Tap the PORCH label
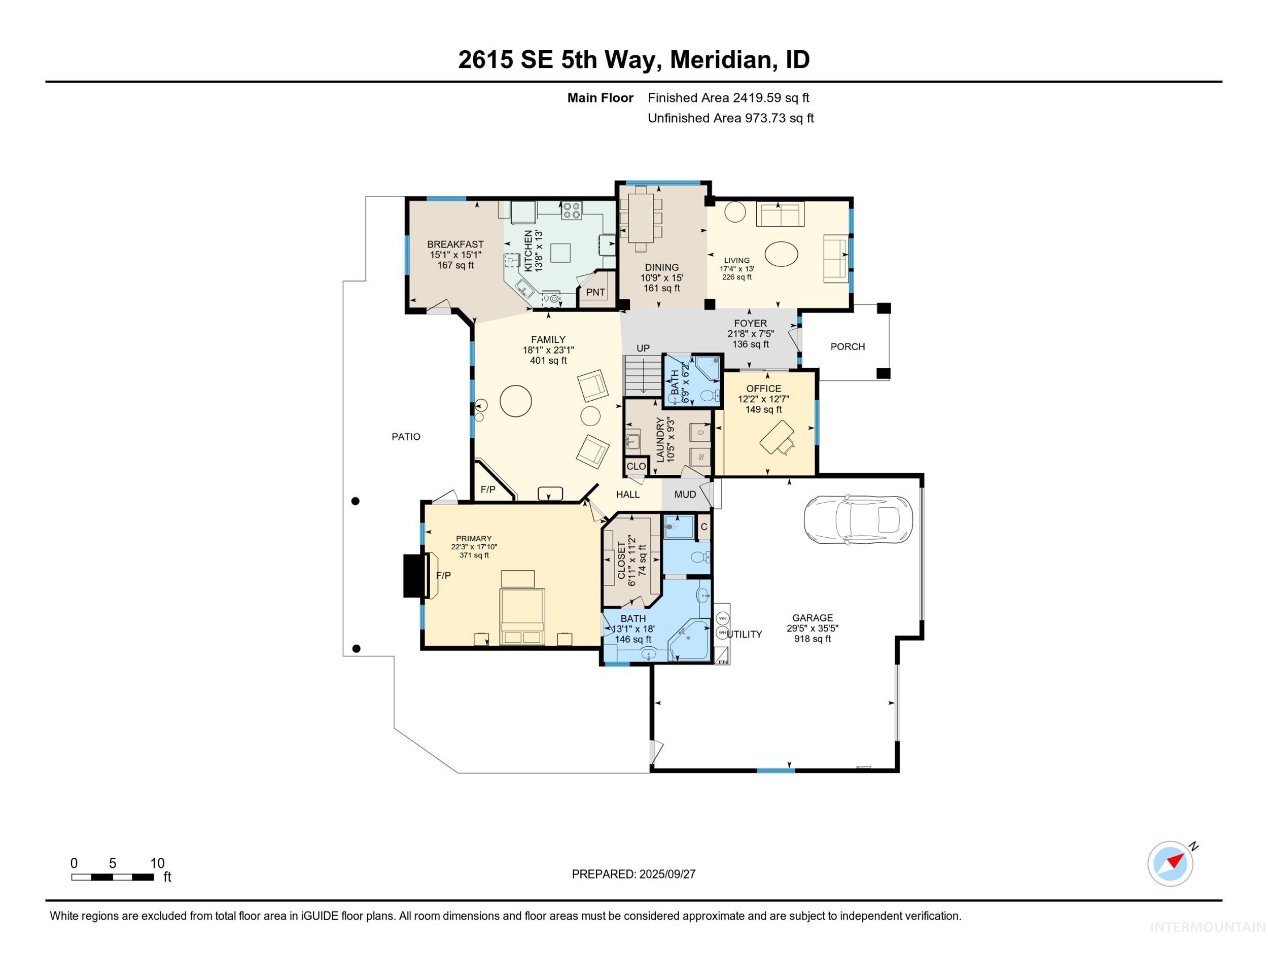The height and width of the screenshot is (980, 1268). [847, 346]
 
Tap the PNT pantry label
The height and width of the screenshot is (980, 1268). [595, 292]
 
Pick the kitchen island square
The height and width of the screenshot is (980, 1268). [560, 253]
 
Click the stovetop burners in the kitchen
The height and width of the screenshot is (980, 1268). [571, 210]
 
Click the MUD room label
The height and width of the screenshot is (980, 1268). [685, 494]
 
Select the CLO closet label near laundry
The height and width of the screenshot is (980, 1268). [636, 466]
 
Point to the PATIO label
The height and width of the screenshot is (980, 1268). [405, 437]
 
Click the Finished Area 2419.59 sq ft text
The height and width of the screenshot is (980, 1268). [728, 98]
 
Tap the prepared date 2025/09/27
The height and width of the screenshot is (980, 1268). [666, 874]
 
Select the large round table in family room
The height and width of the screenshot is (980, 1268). [515, 401]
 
